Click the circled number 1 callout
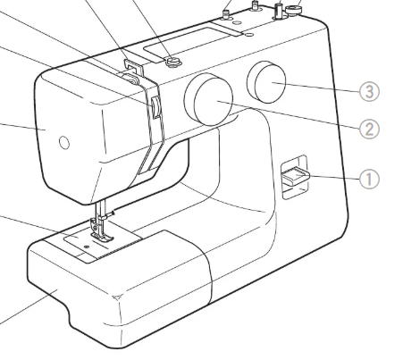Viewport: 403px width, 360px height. pyautogui.click(x=369, y=179)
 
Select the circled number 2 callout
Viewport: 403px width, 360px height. pyautogui.click(x=369, y=130)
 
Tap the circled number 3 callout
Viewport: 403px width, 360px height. pyautogui.click(x=369, y=91)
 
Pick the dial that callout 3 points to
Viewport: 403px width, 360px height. pyautogui.click(x=266, y=82)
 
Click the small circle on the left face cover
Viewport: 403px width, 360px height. pyautogui.click(x=64, y=143)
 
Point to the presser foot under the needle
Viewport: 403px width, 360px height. pyautogui.click(x=102, y=232)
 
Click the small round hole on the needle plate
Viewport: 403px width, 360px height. pyautogui.click(x=87, y=247)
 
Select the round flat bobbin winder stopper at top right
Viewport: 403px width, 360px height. pyautogui.click(x=294, y=10)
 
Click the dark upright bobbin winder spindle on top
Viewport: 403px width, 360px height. pyautogui.click(x=279, y=12)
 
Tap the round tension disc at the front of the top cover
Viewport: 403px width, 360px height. pyautogui.click(x=172, y=62)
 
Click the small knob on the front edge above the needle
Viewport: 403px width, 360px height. pyautogui.click(x=155, y=107)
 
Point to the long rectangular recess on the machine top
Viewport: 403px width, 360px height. pyautogui.click(x=192, y=44)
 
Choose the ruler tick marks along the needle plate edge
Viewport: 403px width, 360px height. pyautogui.click(x=119, y=251)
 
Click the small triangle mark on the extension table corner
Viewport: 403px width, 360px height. pyautogui.click(x=116, y=297)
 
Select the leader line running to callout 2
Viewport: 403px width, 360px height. pyautogui.click(x=289, y=115)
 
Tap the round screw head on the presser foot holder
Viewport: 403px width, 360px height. pyautogui.click(x=95, y=228)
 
